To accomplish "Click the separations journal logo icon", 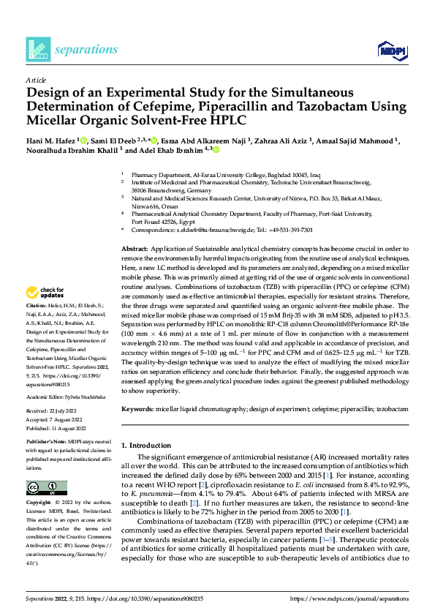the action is [x=37, y=49].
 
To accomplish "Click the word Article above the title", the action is [x=36, y=79].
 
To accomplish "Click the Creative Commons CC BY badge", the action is [x=46, y=487].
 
